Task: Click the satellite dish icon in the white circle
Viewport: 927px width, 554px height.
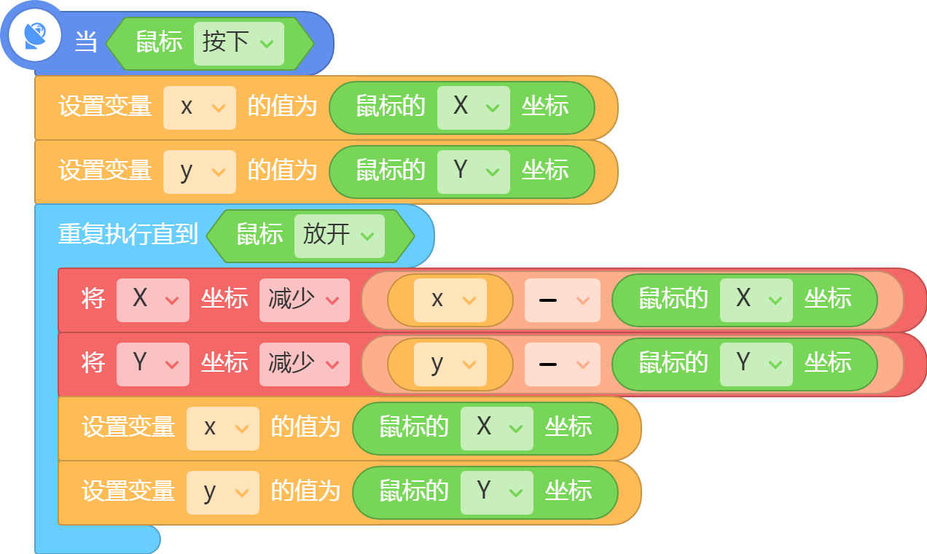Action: (35, 36)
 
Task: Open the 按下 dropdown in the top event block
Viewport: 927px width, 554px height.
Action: (239, 44)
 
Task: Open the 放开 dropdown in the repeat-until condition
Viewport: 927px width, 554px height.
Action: (340, 236)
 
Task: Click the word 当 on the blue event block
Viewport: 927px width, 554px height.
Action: (86, 42)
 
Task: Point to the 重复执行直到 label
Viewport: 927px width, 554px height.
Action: (128, 234)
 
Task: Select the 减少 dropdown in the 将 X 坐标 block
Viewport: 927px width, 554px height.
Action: (304, 300)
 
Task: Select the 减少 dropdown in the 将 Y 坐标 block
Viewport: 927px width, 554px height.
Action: (304, 364)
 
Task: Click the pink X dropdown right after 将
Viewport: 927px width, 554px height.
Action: (153, 300)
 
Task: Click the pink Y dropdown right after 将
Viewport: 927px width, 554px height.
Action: (153, 364)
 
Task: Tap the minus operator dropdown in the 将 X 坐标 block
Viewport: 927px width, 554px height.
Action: (563, 300)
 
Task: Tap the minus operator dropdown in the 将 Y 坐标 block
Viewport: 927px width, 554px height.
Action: (563, 364)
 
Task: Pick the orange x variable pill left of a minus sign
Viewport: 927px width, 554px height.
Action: (450, 300)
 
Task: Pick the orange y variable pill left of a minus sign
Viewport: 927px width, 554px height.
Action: (450, 364)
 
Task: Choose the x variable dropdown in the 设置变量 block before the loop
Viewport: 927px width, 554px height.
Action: (200, 108)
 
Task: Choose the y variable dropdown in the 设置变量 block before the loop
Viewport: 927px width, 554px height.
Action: (200, 172)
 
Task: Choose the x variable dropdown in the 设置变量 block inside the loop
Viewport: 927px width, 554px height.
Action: (223, 429)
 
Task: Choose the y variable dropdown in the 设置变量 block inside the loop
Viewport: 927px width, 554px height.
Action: (223, 493)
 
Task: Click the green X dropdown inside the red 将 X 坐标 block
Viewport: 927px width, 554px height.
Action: (756, 300)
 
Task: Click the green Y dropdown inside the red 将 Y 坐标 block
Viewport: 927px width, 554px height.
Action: (756, 364)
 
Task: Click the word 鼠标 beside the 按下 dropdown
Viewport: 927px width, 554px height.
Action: (160, 42)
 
